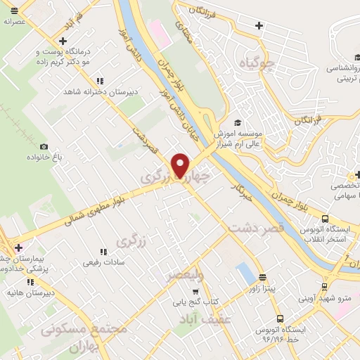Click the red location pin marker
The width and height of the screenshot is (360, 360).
[x=181, y=165]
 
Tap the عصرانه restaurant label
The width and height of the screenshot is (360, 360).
[x=15, y=22]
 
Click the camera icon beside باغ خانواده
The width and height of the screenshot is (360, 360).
[x=44, y=146]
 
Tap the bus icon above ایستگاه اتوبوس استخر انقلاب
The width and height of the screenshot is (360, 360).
[x=325, y=219]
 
